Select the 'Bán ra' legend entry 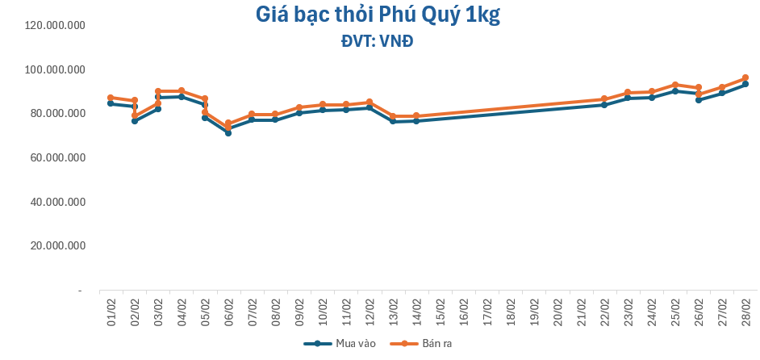tap(415, 344)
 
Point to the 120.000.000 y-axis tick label tap(56, 26)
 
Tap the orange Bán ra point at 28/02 tap(745, 78)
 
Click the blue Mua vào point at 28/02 tap(745, 84)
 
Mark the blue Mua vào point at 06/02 tap(228, 133)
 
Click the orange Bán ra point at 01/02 tap(111, 98)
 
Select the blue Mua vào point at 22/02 tap(604, 105)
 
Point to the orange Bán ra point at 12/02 tap(370, 102)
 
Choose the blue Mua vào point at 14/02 tap(416, 120)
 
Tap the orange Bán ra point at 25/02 tap(675, 85)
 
